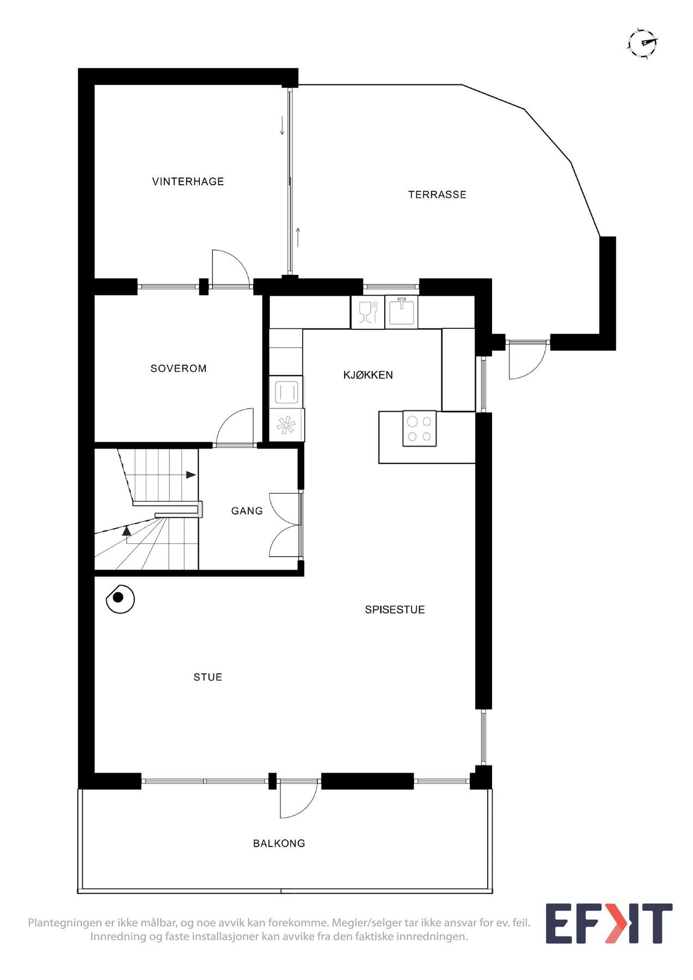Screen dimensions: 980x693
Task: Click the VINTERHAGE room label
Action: pyautogui.click(x=188, y=181)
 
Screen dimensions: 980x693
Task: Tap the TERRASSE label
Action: pyautogui.click(x=437, y=194)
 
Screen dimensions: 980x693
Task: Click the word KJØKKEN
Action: pyautogui.click(x=367, y=375)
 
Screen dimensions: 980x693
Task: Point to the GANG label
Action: pyautogui.click(x=247, y=511)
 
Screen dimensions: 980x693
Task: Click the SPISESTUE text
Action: pyautogui.click(x=395, y=610)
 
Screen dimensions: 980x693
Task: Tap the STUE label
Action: pyautogui.click(x=207, y=677)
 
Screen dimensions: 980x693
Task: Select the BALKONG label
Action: pyautogui.click(x=279, y=843)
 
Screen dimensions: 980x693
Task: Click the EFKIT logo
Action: pyautogui.click(x=609, y=923)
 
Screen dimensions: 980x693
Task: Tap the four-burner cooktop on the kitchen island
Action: pyautogui.click(x=419, y=428)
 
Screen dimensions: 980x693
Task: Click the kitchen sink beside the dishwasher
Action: pyautogui.click(x=402, y=312)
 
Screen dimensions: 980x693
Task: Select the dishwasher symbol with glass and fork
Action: pyautogui.click(x=367, y=313)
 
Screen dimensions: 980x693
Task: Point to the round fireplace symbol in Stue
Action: pyautogui.click(x=120, y=599)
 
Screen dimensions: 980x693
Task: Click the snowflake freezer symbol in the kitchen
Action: pyautogui.click(x=286, y=425)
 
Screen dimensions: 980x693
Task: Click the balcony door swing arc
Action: pyautogui.click(x=298, y=800)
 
